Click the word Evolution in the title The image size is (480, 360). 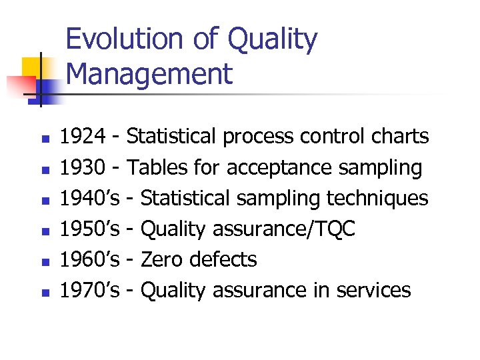(x=123, y=40)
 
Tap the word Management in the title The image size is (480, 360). (x=150, y=74)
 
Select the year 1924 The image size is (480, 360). (x=83, y=137)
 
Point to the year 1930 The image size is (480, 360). (x=83, y=167)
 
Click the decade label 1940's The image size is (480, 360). (x=90, y=198)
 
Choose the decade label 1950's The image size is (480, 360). (x=90, y=229)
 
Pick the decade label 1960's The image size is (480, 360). (x=90, y=259)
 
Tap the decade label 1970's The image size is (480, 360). (x=90, y=290)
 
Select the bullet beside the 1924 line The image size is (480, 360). (x=45, y=139)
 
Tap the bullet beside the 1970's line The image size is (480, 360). (x=45, y=293)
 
